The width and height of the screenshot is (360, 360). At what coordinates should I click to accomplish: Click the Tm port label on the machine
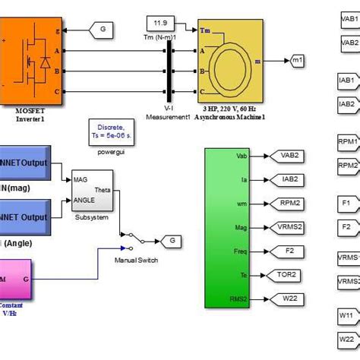(x=206, y=31)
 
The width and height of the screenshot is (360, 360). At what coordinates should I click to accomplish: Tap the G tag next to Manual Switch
(x=172, y=240)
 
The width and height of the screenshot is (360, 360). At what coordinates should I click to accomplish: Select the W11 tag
(x=347, y=314)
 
